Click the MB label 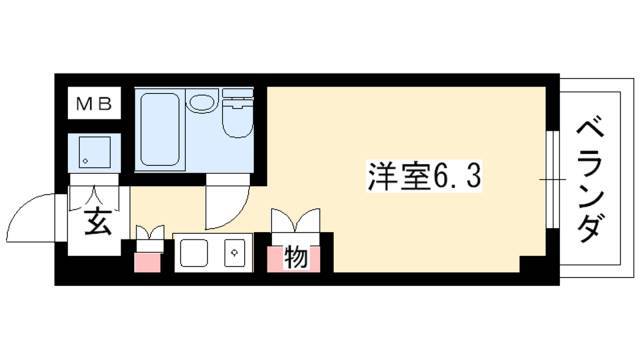(96, 101)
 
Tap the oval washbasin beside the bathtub (202, 103)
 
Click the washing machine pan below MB (96, 151)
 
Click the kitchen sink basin (195, 255)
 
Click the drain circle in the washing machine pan (86, 160)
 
